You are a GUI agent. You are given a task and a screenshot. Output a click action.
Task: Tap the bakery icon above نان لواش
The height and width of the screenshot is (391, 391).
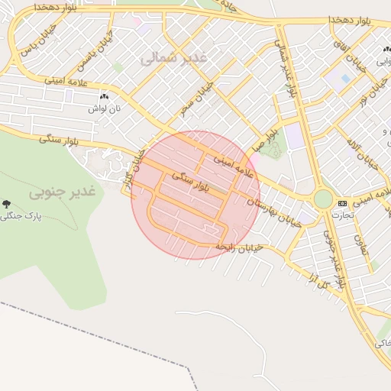104,98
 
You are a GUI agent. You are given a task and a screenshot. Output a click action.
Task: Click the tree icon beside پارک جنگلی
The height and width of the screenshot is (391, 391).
7,204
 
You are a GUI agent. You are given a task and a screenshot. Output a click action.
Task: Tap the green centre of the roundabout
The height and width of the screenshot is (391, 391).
323,199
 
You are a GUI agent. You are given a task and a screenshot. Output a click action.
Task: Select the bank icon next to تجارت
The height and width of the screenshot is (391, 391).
341,203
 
